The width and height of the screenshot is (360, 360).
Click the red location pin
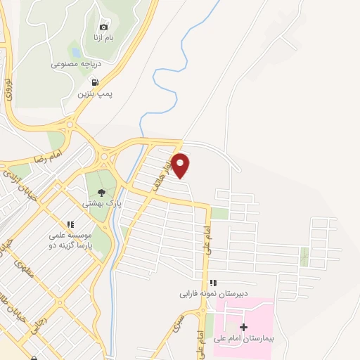coord(181,165)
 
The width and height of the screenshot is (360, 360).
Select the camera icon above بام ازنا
coord(105,26)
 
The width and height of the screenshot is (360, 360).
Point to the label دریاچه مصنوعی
coord(75,63)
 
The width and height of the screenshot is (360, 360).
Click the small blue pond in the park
coord(74,51)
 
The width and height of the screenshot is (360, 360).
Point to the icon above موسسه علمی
coord(70,225)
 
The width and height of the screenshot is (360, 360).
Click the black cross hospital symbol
coord(243,328)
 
